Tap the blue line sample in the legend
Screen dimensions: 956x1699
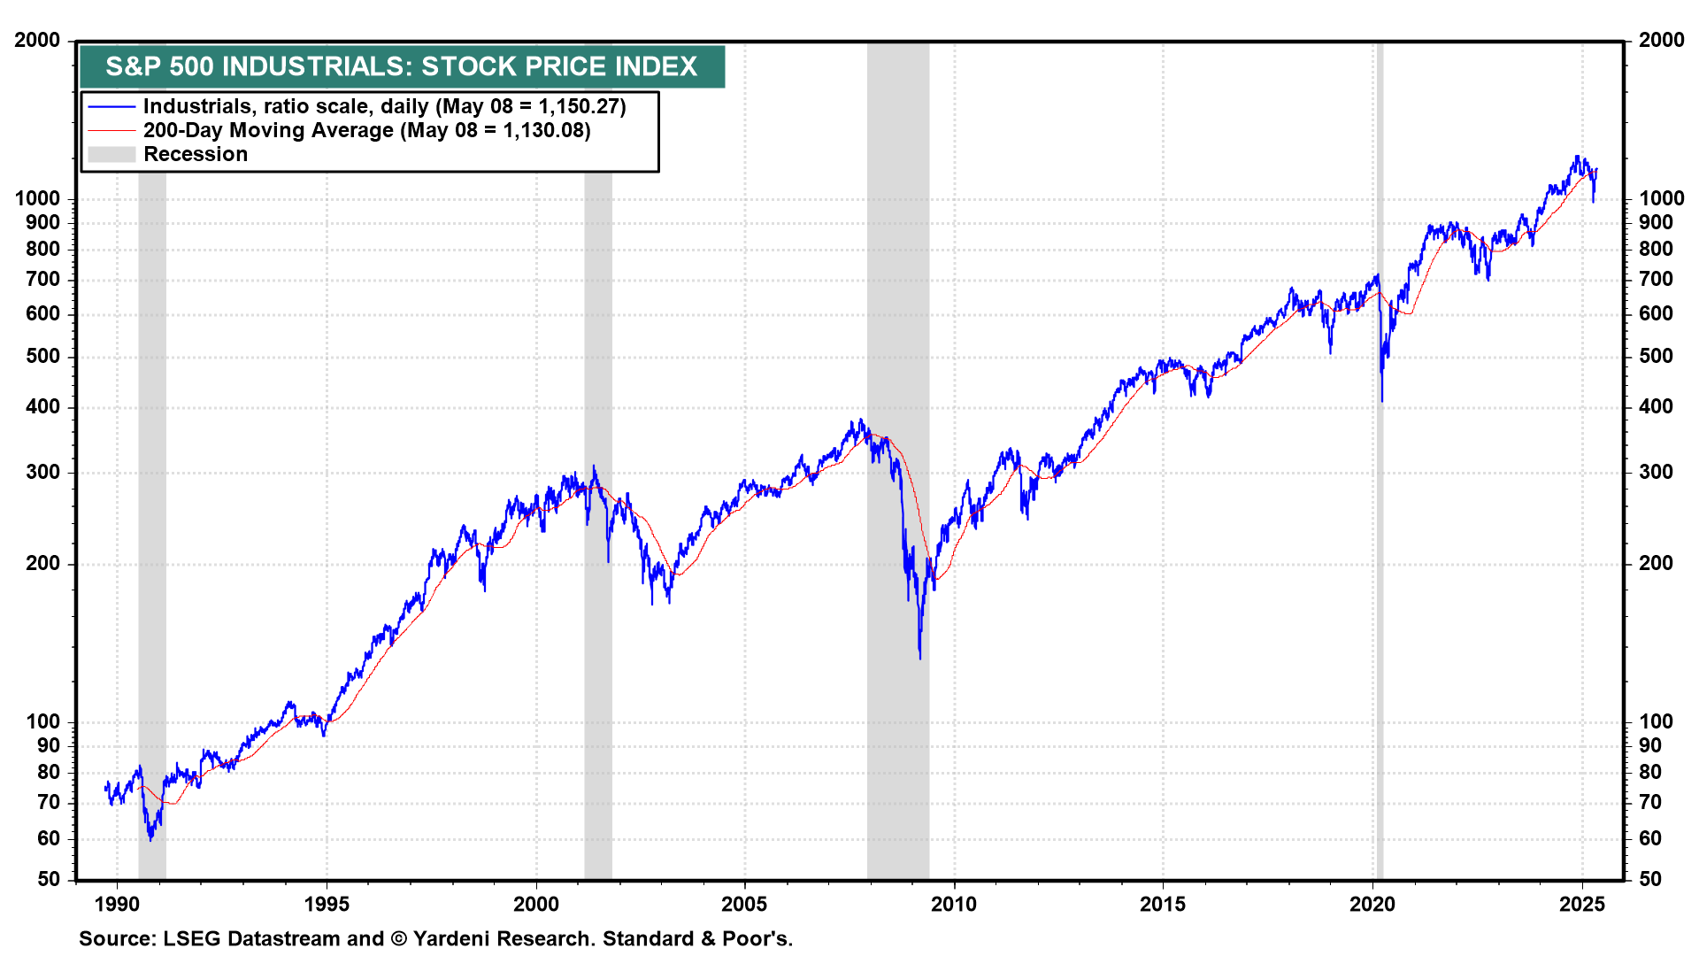[x=111, y=106]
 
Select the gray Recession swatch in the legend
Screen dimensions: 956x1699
[x=111, y=154]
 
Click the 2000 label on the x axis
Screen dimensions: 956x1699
[x=536, y=904]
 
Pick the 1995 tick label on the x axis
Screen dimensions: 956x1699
[x=327, y=904]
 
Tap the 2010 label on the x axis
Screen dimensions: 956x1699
[x=954, y=904]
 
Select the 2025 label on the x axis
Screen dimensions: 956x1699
[x=1581, y=904]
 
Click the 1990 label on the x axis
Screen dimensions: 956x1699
[x=117, y=904]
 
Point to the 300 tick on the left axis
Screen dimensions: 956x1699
[x=43, y=472]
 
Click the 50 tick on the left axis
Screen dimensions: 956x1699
[x=49, y=879]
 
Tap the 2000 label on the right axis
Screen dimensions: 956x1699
[x=1661, y=40]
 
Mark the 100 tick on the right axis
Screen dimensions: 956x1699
[x=1656, y=721]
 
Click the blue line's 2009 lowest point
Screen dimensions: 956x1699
[x=920, y=658]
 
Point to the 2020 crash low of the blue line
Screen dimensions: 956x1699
[x=1381, y=401]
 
